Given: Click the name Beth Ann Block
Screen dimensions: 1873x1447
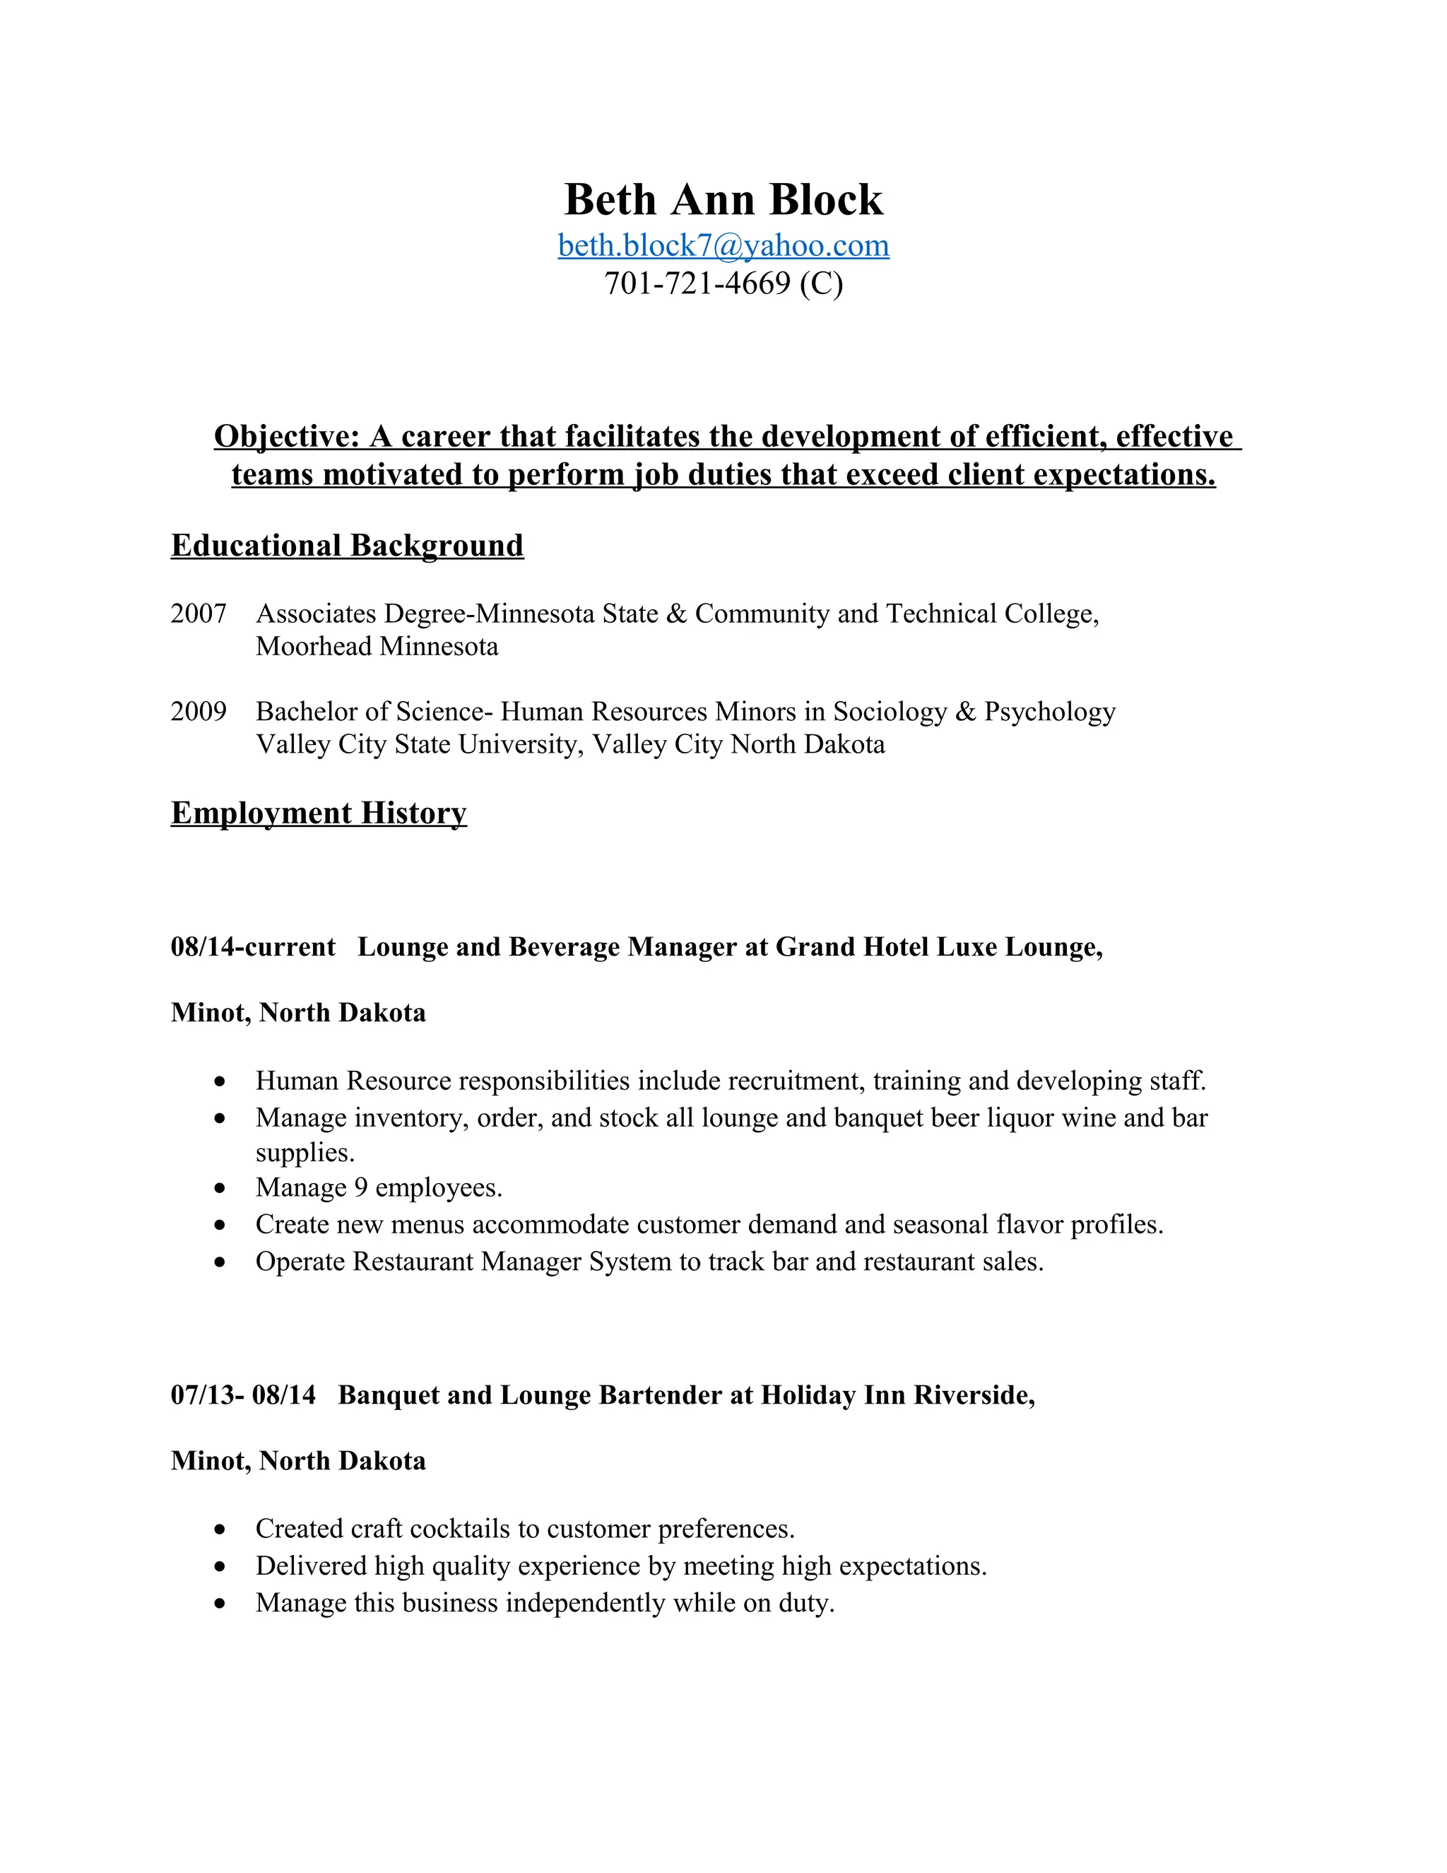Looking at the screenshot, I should pyautogui.click(x=723, y=200).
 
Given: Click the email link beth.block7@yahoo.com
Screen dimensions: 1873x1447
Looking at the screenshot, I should pyautogui.click(x=723, y=246).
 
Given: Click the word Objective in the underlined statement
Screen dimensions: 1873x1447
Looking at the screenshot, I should pyautogui.click(x=285, y=437).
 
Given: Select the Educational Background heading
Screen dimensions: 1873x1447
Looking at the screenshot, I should pyautogui.click(x=346, y=546).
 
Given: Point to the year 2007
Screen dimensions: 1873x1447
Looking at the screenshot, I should pyautogui.click(x=198, y=614).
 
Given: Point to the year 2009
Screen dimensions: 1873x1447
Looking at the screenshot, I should pyautogui.click(x=198, y=712).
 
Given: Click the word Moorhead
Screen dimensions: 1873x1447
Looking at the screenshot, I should pyautogui.click(x=314, y=647).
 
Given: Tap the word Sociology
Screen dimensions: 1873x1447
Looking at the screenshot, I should pyautogui.click(x=889, y=712).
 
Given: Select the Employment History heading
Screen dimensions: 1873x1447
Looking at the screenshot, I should pyautogui.click(x=318, y=813).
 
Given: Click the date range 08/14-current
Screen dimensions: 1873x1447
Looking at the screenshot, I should pyautogui.click(x=253, y=948).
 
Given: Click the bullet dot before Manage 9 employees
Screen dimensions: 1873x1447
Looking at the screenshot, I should pyautogui.click(x=220, y=1189).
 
